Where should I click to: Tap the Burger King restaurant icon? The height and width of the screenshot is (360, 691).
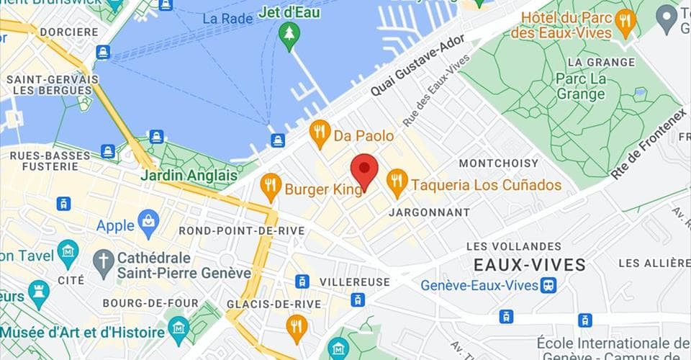271,186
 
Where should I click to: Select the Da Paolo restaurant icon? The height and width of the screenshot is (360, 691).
320,133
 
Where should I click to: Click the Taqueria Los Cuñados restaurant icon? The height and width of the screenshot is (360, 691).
397,182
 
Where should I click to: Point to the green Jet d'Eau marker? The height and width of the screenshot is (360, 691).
289,35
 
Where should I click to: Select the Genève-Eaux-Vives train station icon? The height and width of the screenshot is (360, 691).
549,285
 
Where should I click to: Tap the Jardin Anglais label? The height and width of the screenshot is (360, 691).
189,175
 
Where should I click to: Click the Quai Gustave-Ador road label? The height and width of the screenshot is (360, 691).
419,68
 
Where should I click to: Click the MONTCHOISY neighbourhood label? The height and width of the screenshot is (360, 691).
499,163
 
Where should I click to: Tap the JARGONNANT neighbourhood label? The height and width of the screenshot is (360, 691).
429,212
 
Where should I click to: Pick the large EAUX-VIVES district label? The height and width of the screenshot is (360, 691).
529,264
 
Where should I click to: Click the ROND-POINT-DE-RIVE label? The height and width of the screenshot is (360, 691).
241,230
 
